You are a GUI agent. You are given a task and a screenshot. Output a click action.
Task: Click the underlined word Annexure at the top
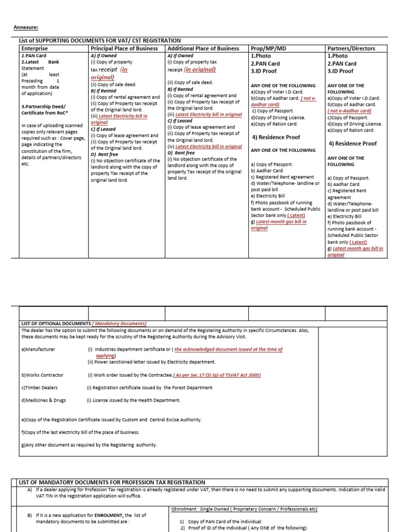(x=25, y=28)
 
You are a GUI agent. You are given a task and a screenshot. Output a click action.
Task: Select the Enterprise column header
(x=34, y=48)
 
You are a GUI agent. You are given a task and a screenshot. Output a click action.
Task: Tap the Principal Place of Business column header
(x=124, y=48)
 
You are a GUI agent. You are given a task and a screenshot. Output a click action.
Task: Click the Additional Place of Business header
(x=203, y=48)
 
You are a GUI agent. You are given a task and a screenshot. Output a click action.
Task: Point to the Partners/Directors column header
(x=351, y=48)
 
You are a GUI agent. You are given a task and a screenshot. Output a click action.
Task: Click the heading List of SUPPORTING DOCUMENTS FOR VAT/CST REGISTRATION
(x=100, y=41)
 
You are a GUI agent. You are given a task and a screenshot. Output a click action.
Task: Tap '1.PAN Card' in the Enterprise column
(x=34, y=56)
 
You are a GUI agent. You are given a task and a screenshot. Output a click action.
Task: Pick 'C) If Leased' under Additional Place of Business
(x=180, y=121)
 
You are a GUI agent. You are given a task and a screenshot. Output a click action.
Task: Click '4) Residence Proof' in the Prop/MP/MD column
(x=276, y=138)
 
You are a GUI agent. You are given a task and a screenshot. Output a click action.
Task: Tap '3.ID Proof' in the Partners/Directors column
(x=340, y=71)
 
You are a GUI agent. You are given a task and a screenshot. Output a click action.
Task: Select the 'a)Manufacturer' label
(x=38, y=350)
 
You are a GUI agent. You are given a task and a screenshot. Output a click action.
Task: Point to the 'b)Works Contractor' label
(x=43, y=375)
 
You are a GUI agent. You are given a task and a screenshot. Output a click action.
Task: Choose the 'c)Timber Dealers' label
(x=39, y=388)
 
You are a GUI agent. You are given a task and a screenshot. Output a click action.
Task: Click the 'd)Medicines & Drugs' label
(x=44, y=401)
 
